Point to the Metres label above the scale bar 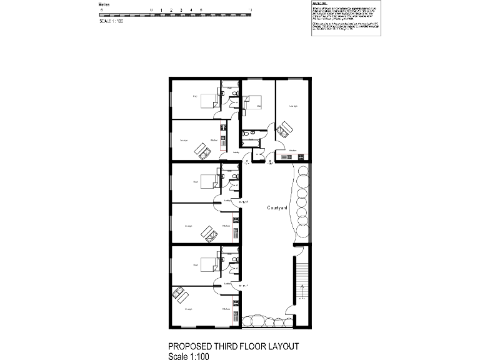(105, 4)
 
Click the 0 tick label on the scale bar (152, 11)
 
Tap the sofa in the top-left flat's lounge (202, 149)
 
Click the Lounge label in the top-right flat (292, 106)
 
